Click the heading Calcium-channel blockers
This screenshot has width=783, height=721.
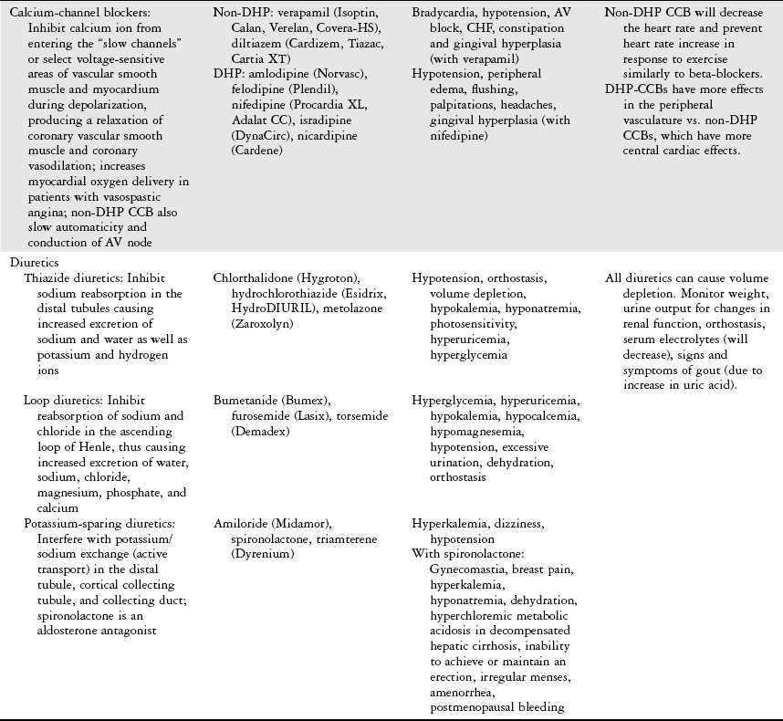78,13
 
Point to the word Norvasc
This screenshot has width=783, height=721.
335,74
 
